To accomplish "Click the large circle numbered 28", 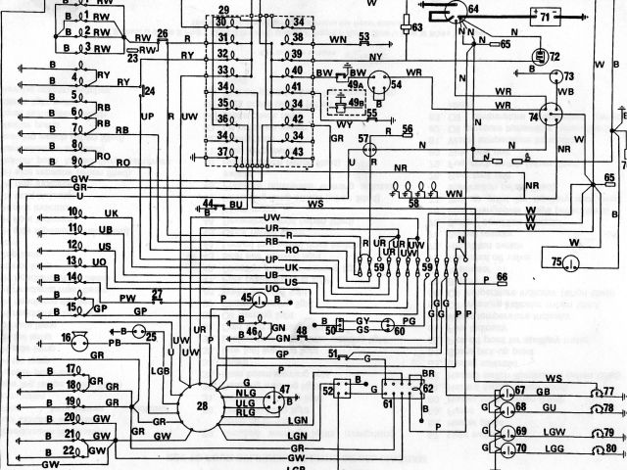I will (x=202, y=404).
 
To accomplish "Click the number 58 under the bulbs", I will (x=412, y=204).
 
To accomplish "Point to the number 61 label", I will (x=388, y=403).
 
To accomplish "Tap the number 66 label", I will (x=501, y=278).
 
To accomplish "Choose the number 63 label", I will (x=416, y=27).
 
